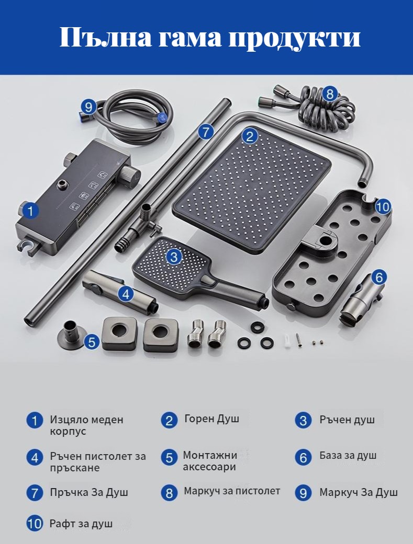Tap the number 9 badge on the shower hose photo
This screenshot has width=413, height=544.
tap(88, 107)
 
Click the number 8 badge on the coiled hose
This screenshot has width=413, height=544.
tap(330, 94)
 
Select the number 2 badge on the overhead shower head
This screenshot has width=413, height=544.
tap(249, 136)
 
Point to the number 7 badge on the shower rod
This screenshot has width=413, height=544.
tap(206, 132)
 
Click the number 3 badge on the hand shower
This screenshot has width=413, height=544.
tap(174, 257)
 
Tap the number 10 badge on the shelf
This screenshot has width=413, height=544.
tap(383, 207)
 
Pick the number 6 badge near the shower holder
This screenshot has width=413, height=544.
tap(379, 277)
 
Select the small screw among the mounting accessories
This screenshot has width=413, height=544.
tap(298, 340)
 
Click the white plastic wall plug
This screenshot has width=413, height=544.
tap(287, 340)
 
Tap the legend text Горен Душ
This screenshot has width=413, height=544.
tap(211, 419)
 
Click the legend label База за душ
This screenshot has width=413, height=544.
tap(348, 455)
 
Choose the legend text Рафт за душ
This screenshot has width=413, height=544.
tap(81, 524)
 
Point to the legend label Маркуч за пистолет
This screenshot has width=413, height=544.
tap(232, 491)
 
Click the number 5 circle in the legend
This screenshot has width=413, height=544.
tap(169, 458)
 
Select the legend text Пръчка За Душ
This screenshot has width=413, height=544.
tap(89, 492)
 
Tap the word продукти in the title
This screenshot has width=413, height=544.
tap(295, 38)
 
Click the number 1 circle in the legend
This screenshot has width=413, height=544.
tap(35, 421)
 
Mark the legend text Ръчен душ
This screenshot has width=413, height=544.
tap(347, 420)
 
